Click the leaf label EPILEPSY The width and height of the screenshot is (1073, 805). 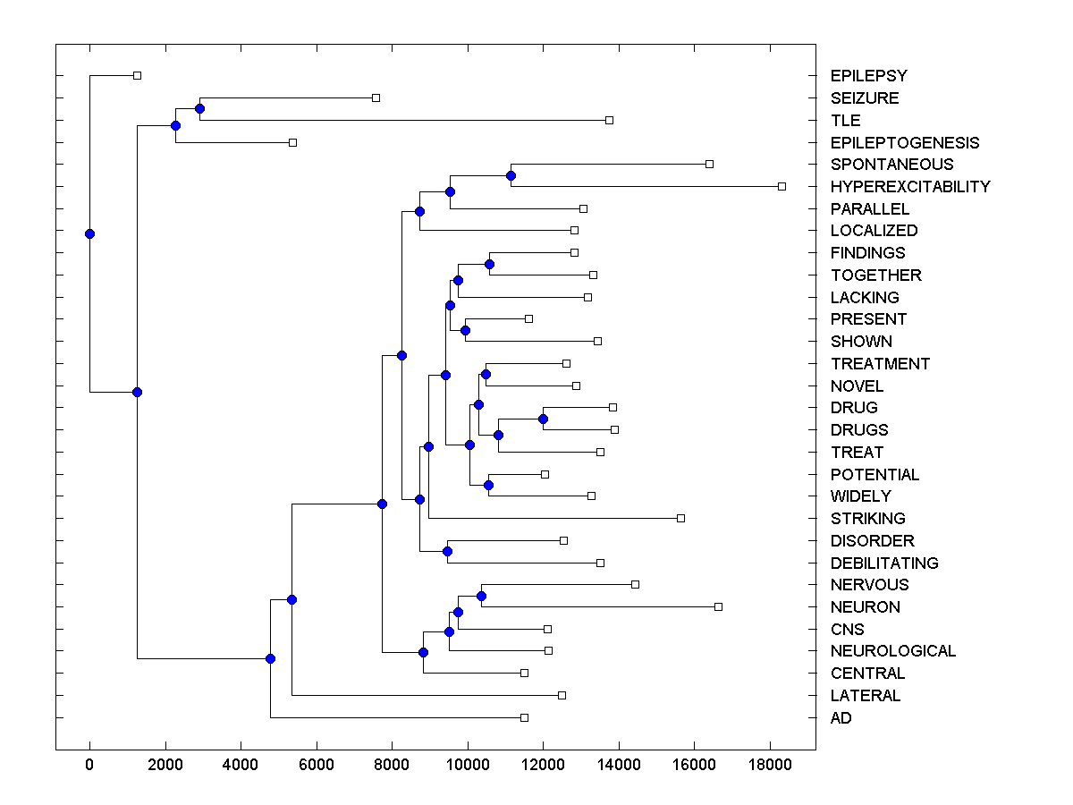(868, 76)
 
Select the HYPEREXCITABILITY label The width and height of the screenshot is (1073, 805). (910, 187)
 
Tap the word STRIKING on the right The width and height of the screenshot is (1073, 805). (867, 519)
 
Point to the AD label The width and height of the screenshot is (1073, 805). (841, 718)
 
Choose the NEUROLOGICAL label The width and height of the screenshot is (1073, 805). (892, 651)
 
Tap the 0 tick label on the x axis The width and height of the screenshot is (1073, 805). (89, 763)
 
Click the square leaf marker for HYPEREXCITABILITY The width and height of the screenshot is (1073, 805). (782, 186)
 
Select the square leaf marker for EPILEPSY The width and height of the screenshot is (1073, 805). (137, 75)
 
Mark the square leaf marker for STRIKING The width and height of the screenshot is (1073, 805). (680, 518)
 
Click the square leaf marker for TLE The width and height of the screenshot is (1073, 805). (609, 120)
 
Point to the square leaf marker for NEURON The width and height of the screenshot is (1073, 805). (718, 606)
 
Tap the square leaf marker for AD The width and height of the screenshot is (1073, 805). (524, 717)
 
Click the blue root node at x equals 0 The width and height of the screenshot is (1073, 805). (89, 233)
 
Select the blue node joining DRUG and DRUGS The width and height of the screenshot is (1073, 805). (543, 419)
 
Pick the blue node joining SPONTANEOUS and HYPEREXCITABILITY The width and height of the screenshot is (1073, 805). (511, 175)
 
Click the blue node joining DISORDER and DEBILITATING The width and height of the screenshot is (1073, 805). (447, 552)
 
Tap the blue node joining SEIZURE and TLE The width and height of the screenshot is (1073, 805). (199, 108)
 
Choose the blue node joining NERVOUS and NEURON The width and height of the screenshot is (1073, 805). (481, 596)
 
